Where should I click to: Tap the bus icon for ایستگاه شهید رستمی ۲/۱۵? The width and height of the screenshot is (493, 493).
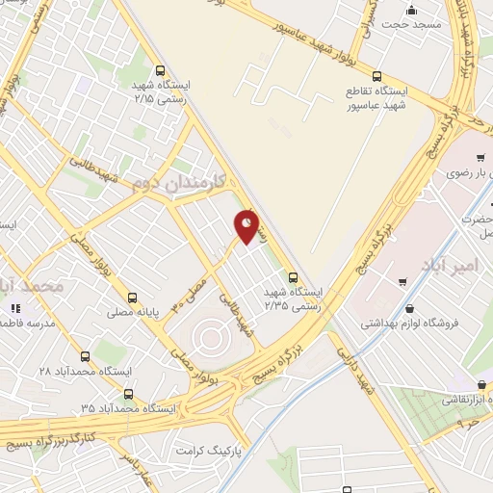[x=161, y=69]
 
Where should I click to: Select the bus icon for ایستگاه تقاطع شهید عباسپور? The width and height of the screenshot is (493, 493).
[x=376, y=75]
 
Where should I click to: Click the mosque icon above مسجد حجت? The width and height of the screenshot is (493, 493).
[x=411, y=11]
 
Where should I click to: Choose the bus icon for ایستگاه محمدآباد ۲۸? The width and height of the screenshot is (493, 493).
[x=85, y=355]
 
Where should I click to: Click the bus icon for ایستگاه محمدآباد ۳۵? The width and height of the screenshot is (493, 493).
[x=129, y=393]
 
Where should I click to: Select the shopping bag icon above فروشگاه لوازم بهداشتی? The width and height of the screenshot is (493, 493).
[x=411, y=308]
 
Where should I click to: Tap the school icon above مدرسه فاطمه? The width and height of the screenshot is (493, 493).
[x=15, y=308]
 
